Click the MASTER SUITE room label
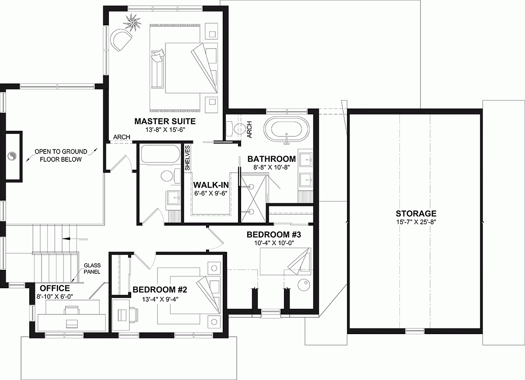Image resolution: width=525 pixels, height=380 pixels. [x=165, y=121]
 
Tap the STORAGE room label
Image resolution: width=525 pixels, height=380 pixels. [x=416, y=213]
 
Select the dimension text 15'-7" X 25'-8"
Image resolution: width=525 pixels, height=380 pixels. [x=416, y=222]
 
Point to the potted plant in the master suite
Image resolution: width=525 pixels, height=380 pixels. [x=133, y=21]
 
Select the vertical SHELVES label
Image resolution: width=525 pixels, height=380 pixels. [x=187, y=158]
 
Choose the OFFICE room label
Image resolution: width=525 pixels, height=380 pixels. [x=55, y=288]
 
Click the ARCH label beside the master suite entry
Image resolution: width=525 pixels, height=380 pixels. [x=122, y=137]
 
